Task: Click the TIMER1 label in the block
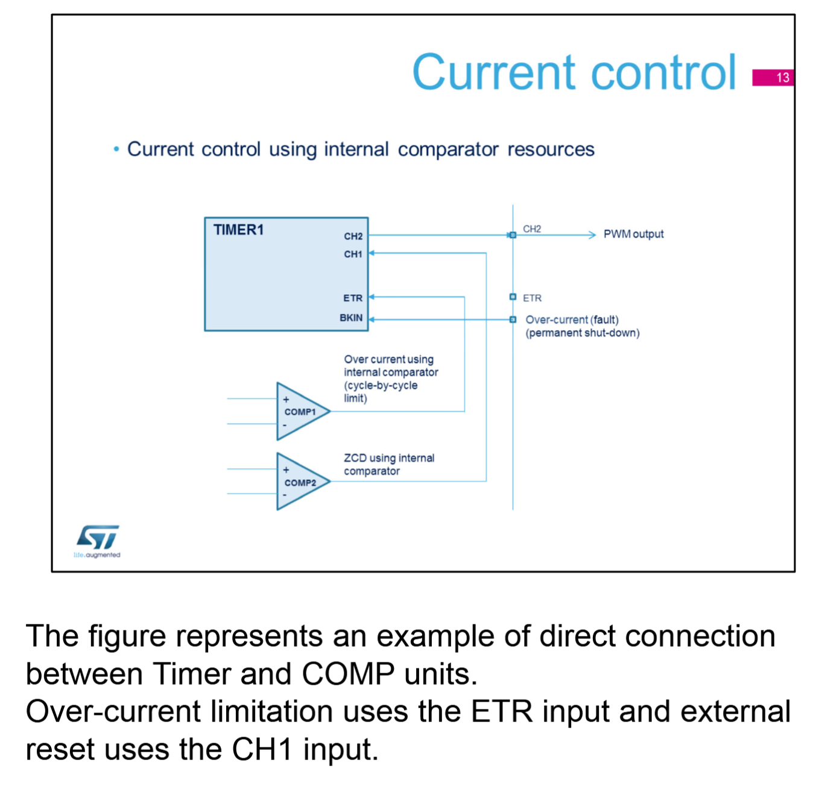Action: click(238, 230)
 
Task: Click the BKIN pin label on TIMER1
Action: click(351, 318)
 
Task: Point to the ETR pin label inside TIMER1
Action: click(353, 298)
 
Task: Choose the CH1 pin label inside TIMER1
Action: click(353, 254)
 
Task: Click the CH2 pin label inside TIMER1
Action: click(353, 236)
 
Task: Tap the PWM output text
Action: click(633, 234)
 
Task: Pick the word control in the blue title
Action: click(663, 72)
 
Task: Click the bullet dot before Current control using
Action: click(116, 149)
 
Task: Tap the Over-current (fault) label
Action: click(572, 320)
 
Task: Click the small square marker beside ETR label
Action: click(513, 297)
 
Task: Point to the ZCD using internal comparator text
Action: click(389, 464)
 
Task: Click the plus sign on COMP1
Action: click(286, 400)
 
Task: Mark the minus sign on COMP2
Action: click(285, 495)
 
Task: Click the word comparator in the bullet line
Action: click(448, 149)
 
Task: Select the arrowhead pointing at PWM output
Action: click(592, 234)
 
